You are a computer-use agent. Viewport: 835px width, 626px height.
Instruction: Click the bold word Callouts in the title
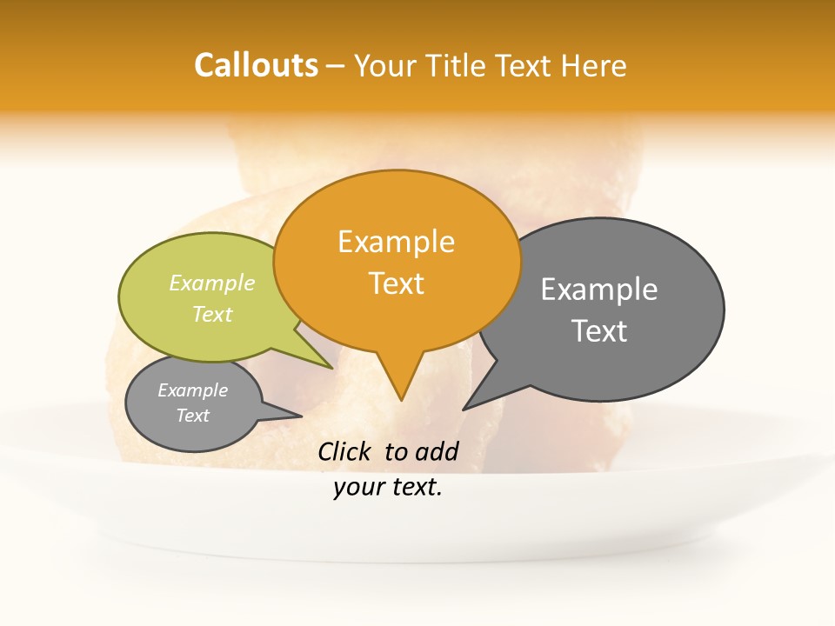pos(256,65)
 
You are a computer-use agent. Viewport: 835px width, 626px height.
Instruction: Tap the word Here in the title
pos(591,66)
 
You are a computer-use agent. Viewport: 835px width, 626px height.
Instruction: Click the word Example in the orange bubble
pos(396,242)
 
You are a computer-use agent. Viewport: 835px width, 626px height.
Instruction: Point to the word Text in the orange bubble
pos(396,283)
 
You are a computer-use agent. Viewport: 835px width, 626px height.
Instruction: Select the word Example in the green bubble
pos(212,283)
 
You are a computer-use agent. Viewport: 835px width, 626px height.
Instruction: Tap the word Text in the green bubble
pos(212,314)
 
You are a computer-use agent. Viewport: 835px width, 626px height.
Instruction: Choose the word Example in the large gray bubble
pos(599,290)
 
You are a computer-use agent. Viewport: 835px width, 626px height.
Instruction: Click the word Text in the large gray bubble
pos(599,331)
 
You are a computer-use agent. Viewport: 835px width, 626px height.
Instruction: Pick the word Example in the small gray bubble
pos(192,390)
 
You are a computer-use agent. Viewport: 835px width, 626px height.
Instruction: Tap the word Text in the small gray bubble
pos(192,416)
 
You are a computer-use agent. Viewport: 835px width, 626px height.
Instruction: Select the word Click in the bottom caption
pos(346,451)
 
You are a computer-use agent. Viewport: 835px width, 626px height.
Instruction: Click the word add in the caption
pos(437,451)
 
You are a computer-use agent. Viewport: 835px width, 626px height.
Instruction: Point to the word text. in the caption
pos(414,488)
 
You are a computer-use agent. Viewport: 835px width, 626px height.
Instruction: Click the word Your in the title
pos(386,66)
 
